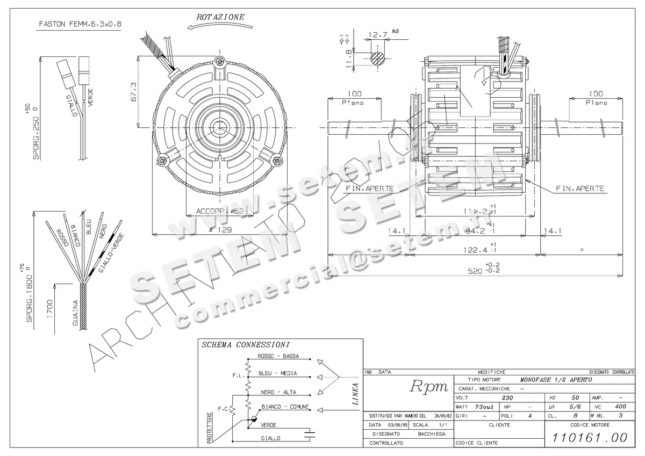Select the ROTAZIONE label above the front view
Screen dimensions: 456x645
click(x=220, y=17)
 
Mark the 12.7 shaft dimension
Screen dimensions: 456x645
click(x=378, y=35)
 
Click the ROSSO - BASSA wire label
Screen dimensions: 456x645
click(x=278, y=357)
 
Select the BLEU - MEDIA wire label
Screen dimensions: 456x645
click(x=277, y=373)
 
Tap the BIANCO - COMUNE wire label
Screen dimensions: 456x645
click(x=285, y=407)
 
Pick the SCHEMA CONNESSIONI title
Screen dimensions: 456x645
click(x=246, y=345)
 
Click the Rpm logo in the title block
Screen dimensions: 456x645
click(x=429, y=386)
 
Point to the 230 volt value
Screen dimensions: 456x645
click(x=507, y=398)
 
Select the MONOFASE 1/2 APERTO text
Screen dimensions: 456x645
click(x=556, y=379)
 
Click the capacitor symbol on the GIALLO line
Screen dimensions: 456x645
click(x=309, y=434)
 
